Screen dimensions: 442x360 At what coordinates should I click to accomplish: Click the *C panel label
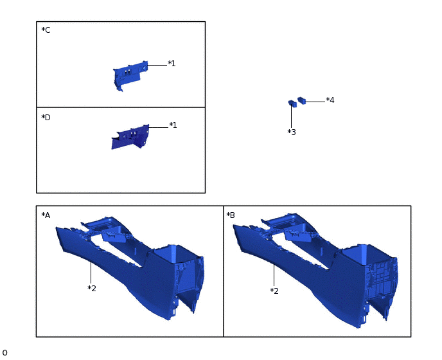coord(46,30)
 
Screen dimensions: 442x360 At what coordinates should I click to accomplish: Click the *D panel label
coord(46,118)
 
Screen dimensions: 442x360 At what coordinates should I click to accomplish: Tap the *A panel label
coord(46,215)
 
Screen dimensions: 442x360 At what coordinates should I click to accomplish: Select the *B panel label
coord(231,215)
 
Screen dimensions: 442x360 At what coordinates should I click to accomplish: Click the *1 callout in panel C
coord(172,64)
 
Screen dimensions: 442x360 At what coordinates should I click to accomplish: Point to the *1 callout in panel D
coord(173,125)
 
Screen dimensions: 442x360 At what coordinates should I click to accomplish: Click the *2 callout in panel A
coord(92,289)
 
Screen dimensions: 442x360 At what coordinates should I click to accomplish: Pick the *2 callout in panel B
coord(274,291)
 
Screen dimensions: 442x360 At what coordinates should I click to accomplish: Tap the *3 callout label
coord(292,132)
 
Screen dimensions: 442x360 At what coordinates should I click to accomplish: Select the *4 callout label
coord(330,100)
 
